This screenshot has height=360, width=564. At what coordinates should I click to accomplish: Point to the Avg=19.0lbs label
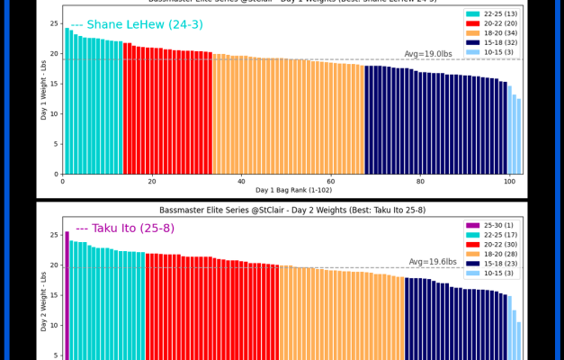coord(428,54)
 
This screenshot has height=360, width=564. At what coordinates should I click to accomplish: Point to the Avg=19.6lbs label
coord(433,262)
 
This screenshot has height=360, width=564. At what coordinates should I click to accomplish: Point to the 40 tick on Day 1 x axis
coord(241,181)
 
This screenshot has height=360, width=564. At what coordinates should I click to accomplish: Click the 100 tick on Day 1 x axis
coord(510,181)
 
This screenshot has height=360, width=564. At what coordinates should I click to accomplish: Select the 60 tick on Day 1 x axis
coord(331,181)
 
